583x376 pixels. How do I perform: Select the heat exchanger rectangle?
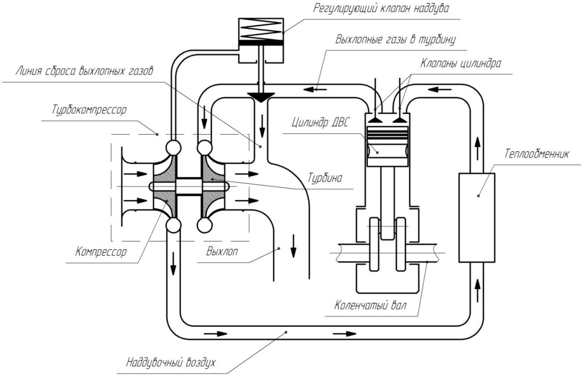click(477, 218)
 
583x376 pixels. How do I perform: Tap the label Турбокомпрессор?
click(89, 110)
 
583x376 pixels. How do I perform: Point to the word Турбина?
click(325, 178)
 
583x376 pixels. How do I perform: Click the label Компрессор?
click(101, 252)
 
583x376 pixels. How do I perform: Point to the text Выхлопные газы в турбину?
click(394, 39)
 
